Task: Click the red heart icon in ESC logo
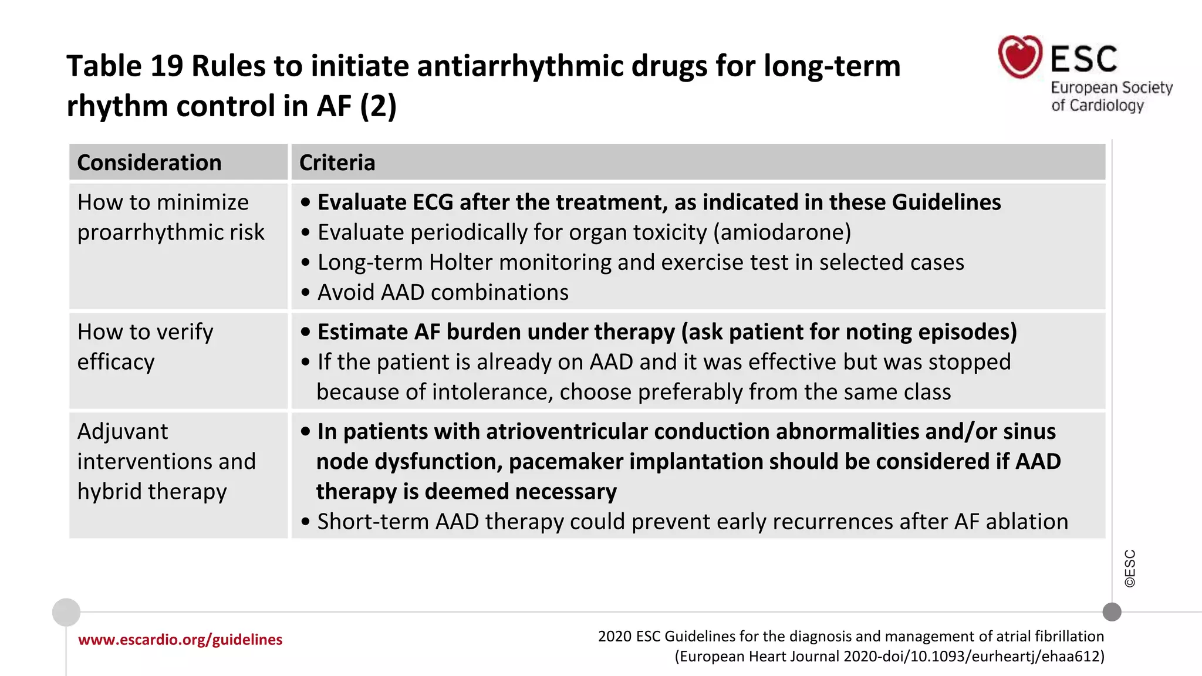point(1020,57)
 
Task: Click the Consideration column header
point(149,163)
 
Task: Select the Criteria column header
point(337,163)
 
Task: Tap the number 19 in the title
point(167,66)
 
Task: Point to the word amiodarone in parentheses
point(782,232)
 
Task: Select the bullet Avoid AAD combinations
point(443,292)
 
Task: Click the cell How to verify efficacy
point(145,347)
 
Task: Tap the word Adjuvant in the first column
point(123,432)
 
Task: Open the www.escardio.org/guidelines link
point(180,640)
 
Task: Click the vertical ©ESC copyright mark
point(1130,568)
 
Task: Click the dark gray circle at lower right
point(1112,612)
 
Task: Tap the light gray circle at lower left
point(66,612)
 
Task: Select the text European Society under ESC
point(1111,87)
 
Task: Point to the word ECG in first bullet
point(433,202)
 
